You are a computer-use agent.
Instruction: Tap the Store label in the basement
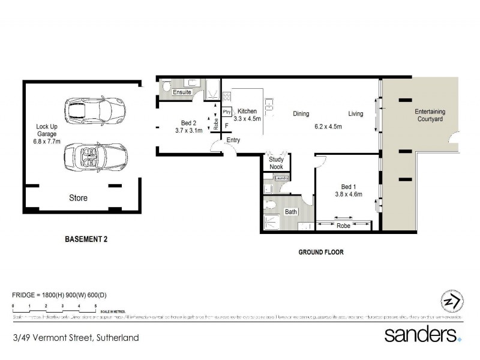tap(78, 198)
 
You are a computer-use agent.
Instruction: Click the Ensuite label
tap(182, 93)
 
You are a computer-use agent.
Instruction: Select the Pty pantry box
tap(226, 112)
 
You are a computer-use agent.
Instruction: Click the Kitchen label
tap(247, 112)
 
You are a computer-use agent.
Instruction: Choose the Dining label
tap(301, 113)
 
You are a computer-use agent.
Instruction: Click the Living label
tap(356, 113)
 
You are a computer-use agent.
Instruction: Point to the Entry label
tap(233, 140)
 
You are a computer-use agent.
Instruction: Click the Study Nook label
tap(276, 163)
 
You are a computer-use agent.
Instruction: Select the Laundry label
tap(282, 178)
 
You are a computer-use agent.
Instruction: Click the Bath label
tap(290, 212)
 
